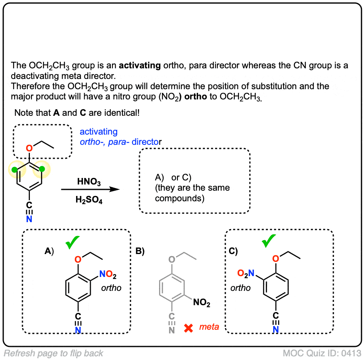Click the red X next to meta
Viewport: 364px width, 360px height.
pyautogui.click(x=189, y=328)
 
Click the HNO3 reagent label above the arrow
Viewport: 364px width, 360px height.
pyautogui.click(x=89, y=181)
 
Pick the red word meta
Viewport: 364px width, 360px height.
pyautogui.click(x=209, y=327)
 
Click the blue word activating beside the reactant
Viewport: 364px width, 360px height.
pyautogui.click(x=99, y=132)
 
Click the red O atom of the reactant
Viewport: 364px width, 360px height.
pyautogui.click(x=29, y=148)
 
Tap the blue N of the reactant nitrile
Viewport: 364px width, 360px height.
pyautogui.click(x=29, y=220)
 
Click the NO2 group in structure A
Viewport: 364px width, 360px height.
pyautogui.click(x=108, y=275)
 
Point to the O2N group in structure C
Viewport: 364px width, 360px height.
pyautogui.click(x=247, y=273)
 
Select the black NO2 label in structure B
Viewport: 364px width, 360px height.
pyautogui.click(x=202, y=303)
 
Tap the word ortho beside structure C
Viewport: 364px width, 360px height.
pyautogui.click(x=240, y=288)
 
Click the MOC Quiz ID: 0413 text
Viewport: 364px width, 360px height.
pyautogui.click(x=322, y=353)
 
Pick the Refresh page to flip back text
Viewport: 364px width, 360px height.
pyautogui.click(x=53, y=353)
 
